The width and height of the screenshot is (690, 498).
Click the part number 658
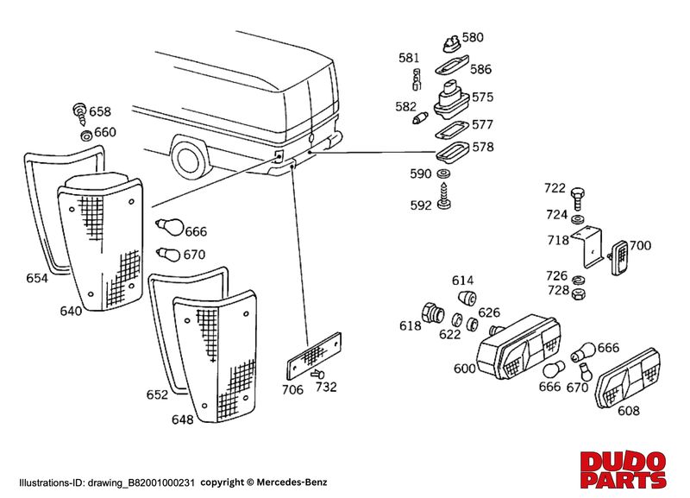pyautogui.click(x=100, y=112)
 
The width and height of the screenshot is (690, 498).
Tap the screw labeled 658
pyautogui.click(x=80, y=110)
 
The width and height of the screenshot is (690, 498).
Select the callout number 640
pyautogui.click(x=72, y=309)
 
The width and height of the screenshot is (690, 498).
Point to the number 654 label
pyautogui.click(x=37, y=279)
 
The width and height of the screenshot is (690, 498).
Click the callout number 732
pyautogui.click(x=326, y=388)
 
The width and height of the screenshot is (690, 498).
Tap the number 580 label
pyautogui.click(x=473, y=38)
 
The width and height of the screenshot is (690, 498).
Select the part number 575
pyautogui.click(x=482, y=97)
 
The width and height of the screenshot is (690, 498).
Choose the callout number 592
pyautogui.click(x=421, y=206)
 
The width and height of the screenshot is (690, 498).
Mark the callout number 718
pyautogui.click(x=558, y=240)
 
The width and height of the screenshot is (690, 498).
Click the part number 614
pyautogui.click(x=462, y=281)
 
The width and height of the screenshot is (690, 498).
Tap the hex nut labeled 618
pyautogui.click(x=431, y=312)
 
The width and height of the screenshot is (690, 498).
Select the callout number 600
pyautogui.click(x=464, y=369)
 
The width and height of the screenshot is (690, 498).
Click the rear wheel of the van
pyautogui.click(x=189, y=159)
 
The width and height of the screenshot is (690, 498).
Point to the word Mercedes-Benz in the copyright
pyautogui.click(x=297, y=482)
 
